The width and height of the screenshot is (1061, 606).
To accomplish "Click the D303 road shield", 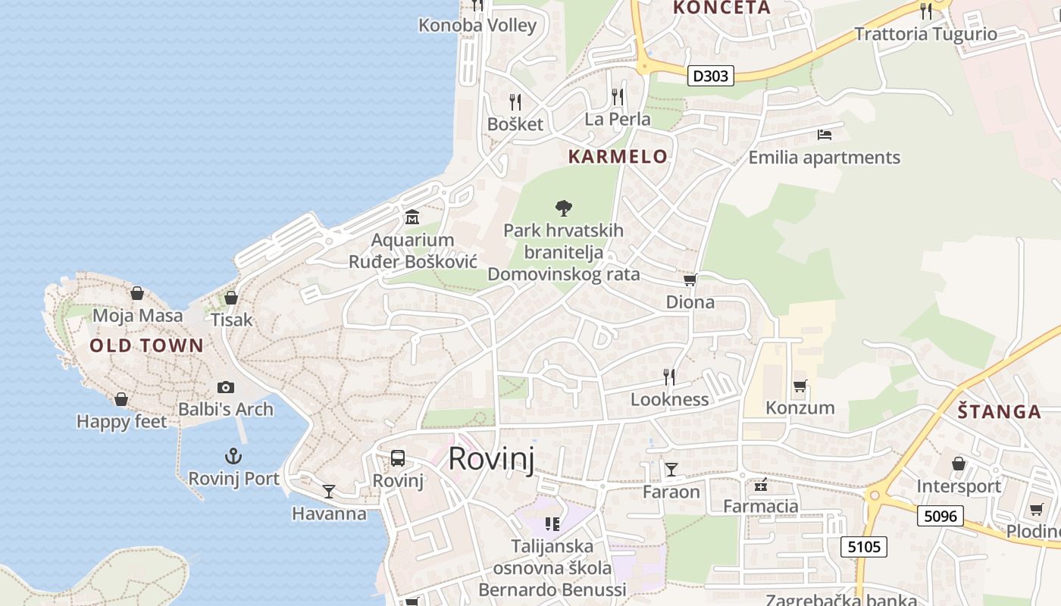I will click(711, 76).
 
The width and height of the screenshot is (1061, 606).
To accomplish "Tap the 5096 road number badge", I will click(941, 517).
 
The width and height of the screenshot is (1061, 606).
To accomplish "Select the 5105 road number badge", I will click(863, 546).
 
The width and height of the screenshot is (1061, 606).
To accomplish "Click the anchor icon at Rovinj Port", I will click(233, 456).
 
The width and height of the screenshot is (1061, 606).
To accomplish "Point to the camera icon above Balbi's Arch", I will click(225, 387).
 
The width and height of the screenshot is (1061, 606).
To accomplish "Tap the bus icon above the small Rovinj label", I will click(398, 458).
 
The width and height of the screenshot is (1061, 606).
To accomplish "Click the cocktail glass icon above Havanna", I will click(328, 492).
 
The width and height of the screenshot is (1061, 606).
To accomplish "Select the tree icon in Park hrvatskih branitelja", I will click(563, 208).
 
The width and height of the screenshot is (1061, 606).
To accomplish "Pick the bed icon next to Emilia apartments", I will click(825, 136).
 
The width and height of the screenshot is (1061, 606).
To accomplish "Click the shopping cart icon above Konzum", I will click(800, 386).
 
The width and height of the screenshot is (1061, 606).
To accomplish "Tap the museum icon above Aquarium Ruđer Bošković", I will click(412, 217).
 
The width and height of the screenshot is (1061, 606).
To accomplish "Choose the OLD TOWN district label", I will click(147, 346).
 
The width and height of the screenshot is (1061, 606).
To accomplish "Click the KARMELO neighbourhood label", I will click(618, 157).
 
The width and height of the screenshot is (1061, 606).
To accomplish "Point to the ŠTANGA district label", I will click(999, 412).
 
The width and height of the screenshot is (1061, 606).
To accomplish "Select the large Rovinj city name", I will click(491, 459).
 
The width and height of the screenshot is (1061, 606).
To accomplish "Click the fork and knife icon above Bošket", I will click(515, 102).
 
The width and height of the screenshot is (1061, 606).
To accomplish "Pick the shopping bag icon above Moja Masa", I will click(137, 293).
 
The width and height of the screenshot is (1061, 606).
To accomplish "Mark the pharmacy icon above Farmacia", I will click(761, 485).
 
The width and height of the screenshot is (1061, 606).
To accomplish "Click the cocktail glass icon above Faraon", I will click(671, 470).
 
